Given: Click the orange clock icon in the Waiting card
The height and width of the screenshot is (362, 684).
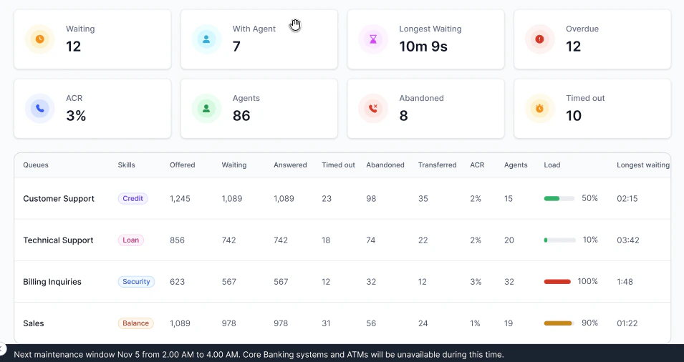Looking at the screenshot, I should pyautogui.click(x=39, y=39).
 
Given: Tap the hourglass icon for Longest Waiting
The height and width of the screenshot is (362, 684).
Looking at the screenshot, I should pyautogui.click(x=373, y=39).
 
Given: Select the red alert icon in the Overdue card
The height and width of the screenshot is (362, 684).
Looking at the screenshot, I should pyautogui.click(x=540, y=39).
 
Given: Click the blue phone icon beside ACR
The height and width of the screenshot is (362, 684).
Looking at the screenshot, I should pyautogui.click(x=39, y=108).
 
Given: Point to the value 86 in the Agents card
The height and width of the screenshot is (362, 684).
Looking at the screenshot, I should pyautogui.click(x=241, y=115).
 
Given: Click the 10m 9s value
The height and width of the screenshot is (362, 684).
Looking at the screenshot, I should pyautogui.click(x=423, y=47).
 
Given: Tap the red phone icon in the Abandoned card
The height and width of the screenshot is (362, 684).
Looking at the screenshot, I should pyautogui.click(x=373, y=108).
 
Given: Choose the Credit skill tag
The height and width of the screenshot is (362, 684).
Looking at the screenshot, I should pyautogui.click(x=133, y=199).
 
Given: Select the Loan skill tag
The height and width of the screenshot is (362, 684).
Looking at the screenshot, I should pyautogui.click(x=131, y=240).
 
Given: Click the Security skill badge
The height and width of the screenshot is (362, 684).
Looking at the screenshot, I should pyautogui.click(x=136, y=282).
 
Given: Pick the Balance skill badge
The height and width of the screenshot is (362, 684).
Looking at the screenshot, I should pyautogui.click(x=135, y=323).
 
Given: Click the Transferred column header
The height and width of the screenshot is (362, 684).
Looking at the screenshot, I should pyautogui.click(x=437, y=165).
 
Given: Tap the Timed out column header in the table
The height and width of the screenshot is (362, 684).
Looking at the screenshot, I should pyautogui.click(x=338, y=165).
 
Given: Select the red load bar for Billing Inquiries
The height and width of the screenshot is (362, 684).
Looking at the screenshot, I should pyautogui.click(x=558, y=282).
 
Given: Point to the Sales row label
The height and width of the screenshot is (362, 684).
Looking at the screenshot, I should pyautogui.click(x=34, y=323).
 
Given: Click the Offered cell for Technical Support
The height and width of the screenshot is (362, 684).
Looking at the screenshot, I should pyautogui.click(x=177, y=240).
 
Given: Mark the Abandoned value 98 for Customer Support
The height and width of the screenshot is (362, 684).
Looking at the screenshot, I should pyautogui.click(x=371, y=199).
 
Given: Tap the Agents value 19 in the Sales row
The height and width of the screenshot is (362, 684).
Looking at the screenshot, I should pyautogui.click(x=509, y=323).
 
